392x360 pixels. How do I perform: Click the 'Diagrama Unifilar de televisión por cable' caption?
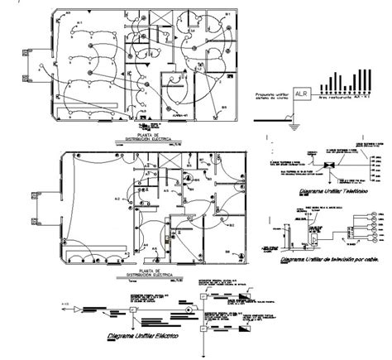pos(324,259)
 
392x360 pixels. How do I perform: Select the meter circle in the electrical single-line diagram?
pos(189,311)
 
